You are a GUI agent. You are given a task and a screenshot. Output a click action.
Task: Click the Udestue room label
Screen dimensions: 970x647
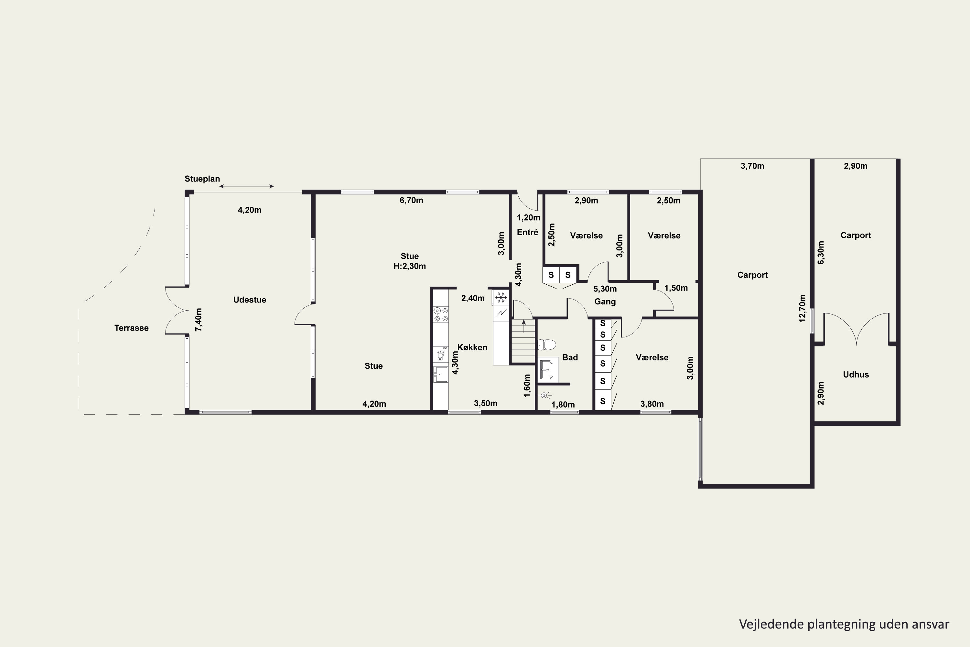click(x=250, y=300)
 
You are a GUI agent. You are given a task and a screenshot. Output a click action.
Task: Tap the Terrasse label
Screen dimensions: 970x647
click(x=132, y=328)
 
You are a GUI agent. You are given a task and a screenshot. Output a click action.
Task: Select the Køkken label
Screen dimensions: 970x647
click(x=472, y=347)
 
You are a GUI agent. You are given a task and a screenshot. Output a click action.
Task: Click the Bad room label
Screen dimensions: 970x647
click(x=570, y=357)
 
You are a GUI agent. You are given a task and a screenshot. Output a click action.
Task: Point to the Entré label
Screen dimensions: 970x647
click(x=527, y=232)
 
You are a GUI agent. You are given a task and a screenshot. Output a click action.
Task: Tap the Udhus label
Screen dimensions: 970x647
click(x=856, y=375)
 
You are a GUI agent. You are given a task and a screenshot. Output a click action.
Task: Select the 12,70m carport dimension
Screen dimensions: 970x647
click(x=802, y=308)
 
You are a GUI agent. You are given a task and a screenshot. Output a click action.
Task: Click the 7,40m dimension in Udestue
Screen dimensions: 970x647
click(x=199, y=320)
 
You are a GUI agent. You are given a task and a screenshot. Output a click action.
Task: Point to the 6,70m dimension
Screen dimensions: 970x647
click(x=411, y=201)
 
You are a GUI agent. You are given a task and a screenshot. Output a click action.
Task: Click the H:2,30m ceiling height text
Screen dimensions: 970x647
click(x=410, y=267)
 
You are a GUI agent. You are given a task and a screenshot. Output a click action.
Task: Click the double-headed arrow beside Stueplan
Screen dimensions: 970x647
click(x=246, y=187)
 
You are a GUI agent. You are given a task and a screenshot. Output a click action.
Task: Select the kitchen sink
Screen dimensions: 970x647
click(x=440, y=375)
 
